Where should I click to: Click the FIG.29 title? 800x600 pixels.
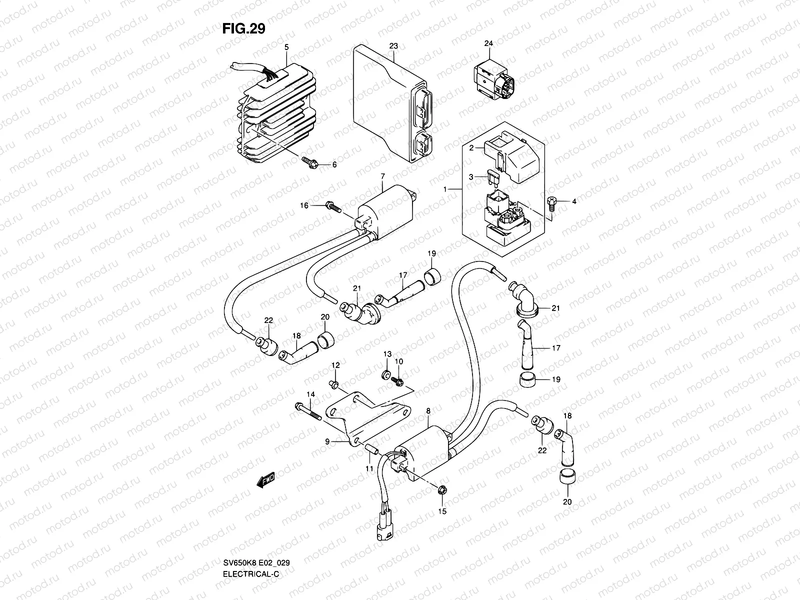pos(243,28)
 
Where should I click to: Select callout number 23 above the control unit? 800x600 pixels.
pos(393,46)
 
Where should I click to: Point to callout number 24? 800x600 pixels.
pos(488,44)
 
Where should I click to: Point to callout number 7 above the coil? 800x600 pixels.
pos(382,176)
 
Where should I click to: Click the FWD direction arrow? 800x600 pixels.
pos(262,481)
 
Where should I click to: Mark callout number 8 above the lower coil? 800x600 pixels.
pos(428,411)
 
